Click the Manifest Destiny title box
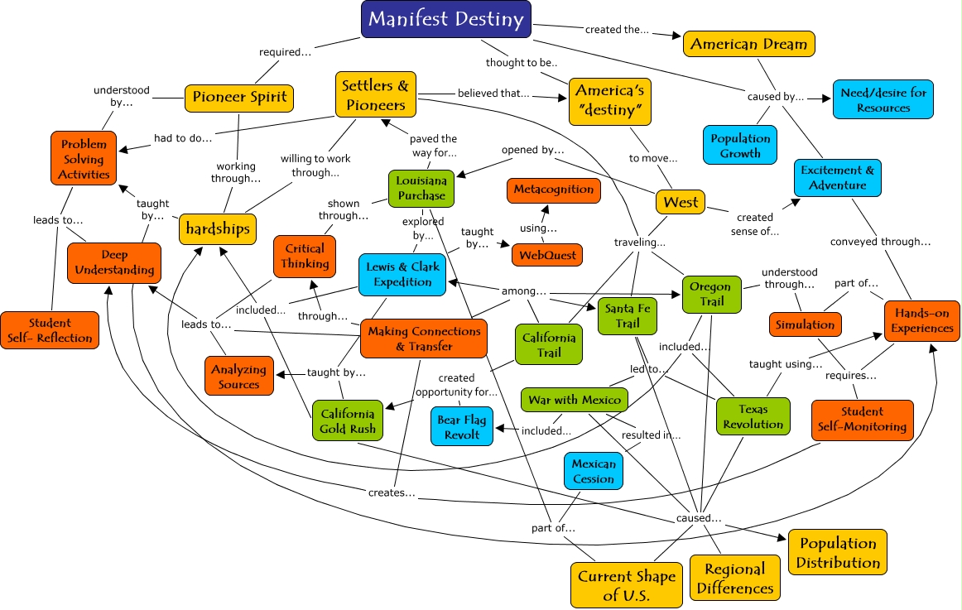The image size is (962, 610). tap(446, 19)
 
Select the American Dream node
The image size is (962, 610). tap(749, 44)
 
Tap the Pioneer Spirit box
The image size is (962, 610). tap(239, 97)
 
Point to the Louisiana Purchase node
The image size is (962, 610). tap(421, 188)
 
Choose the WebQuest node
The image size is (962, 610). tap(547, 255)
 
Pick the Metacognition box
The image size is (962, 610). tap(554, 190)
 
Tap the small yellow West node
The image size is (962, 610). tap(681, 201)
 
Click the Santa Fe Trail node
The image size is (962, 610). tap(627, 315)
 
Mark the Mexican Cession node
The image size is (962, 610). tap(594, 472)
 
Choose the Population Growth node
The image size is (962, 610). tap(740, 146)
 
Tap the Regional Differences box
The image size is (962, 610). tap(735, 579)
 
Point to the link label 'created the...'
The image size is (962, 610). tap(616, 31)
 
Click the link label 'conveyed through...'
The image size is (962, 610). tap(881, 242)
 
